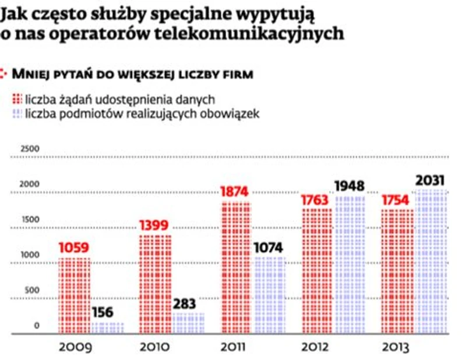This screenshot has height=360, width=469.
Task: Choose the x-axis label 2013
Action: pyautogui.click(x=395, y=348)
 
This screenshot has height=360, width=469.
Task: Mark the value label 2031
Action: pyautogui.click(x=431, y=181)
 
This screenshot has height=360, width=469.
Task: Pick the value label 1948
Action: pyautogui.click(x=350, y=186)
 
